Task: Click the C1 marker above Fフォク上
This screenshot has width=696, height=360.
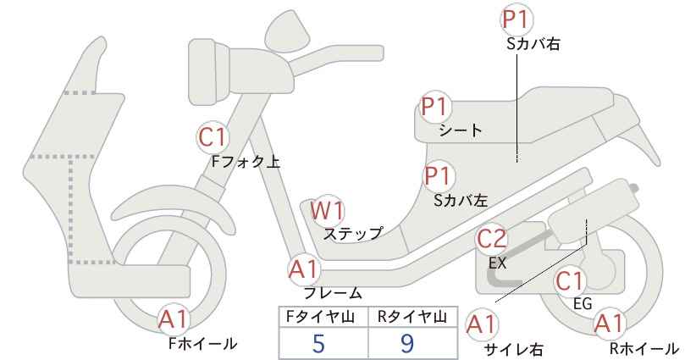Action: pyautogui.click(x=213, y=137)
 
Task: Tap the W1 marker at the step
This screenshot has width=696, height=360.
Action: pyautogui.click(x=327, y=210)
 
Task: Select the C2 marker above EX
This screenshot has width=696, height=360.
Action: pyautogui.click(x=491, y=239)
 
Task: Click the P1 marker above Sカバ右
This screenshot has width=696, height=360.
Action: pyautogui.click(x=516, y=19)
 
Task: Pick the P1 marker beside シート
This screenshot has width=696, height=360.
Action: pyautogui.click(x=436, y=107)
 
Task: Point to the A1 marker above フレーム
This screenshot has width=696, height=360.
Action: pyautogui.click(x=304, y=269)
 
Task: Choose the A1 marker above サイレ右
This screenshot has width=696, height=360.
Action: pyautogui.click(x=482, y=324)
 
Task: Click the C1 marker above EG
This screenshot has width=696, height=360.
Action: pyautogui.click(x=570, y=281)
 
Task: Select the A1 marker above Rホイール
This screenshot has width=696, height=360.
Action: pyautogui.click(x=609, y=324)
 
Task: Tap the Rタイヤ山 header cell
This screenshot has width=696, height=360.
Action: pyautogui.click(x=413, y=317)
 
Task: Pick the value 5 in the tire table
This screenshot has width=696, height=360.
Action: pyautogui.click(x=318, y=343)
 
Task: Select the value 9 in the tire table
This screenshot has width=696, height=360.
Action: pyautogui.click(x=406, y=343)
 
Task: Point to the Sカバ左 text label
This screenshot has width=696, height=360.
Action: pyautogui.click(x=461, y=201)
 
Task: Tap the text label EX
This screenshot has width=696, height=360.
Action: pyautogui.click(x=497, y=263)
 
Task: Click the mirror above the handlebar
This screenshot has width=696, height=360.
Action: pyautogui.click(x=289, y=27)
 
